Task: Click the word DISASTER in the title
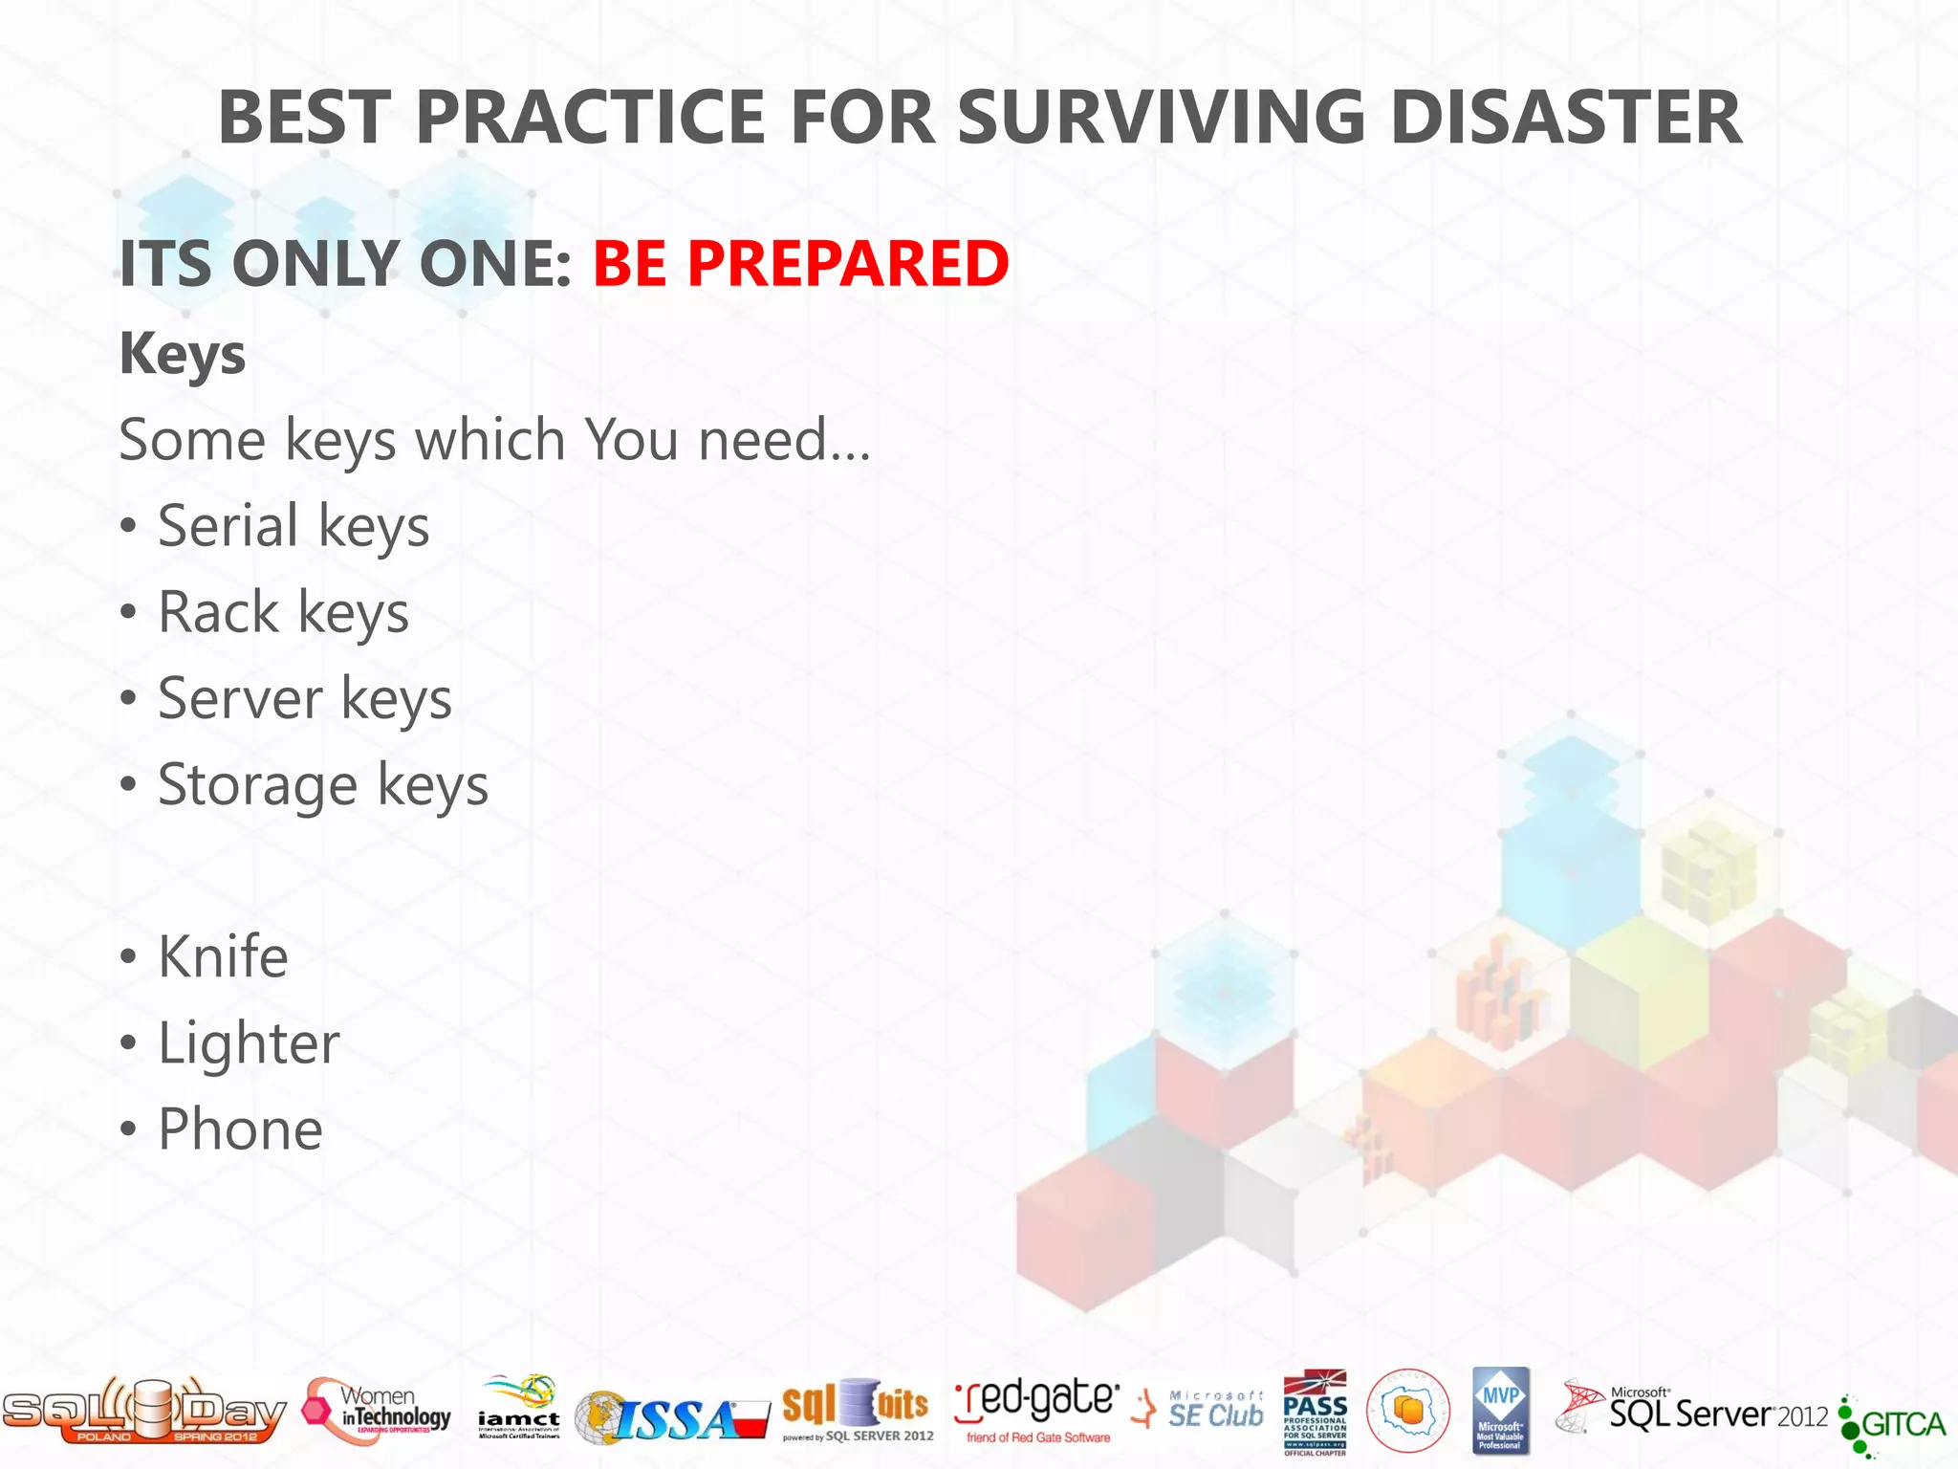click(1565, 118)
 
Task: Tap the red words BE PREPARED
click(800, 263)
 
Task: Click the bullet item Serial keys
click(293, 527)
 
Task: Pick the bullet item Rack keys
click(283, 613)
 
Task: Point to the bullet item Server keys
click(304, 699)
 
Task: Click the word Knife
click(222, 957)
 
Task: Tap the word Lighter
click(249, 1043)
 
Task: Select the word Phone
click(240, 1129)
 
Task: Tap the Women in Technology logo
click(378, 1412)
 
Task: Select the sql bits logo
click(857, 1410)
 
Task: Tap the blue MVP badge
click(1500, 1411)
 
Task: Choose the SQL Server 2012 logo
click(1692, 1411)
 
